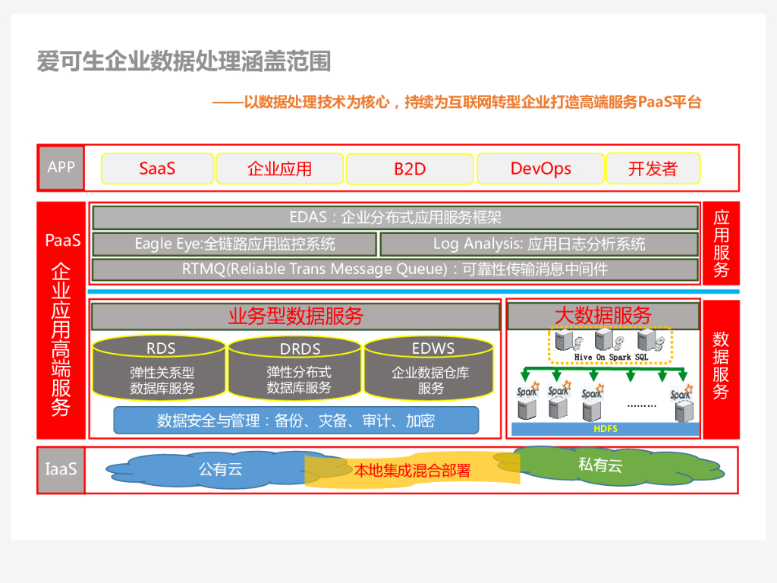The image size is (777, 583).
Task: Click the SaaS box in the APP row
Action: [x=157, y=169]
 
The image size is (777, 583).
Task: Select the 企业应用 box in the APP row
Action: [x=279, y=169]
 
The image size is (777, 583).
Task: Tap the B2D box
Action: [x=410, y=169]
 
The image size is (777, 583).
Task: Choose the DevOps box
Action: [x=540, y=169]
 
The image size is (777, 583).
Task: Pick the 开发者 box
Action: [x=653, y=169]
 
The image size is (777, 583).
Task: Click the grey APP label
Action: [x=61, y=167]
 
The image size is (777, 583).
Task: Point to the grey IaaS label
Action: [x=61, y=469]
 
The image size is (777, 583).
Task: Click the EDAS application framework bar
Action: [x=395, y=218]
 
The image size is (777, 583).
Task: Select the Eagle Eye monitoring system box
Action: [x=234, y=244]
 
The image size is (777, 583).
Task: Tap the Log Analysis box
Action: [x=539, y=244]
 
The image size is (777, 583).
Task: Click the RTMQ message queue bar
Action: [x=395, y=269]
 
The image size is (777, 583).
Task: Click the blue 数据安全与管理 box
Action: [x=296, y=421]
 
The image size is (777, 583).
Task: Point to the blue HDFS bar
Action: [x=605, y=429]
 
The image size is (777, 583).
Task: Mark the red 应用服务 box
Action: [x=721, y=243]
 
